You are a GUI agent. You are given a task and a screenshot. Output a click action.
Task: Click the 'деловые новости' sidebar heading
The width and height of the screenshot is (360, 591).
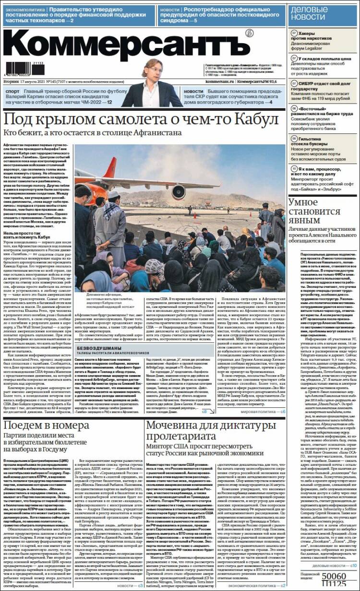point(315,13)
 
